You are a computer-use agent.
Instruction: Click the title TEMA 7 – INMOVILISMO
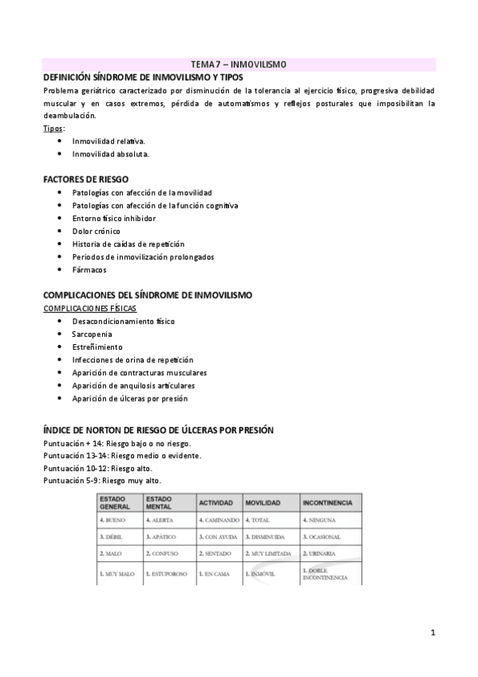point(239,63)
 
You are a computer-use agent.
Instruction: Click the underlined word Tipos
point(54,128)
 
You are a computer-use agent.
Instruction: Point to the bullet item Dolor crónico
point(96,231)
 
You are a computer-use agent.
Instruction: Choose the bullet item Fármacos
point(89,270)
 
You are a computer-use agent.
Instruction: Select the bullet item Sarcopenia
point(92,334)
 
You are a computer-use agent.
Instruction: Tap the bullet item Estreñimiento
point(97,347)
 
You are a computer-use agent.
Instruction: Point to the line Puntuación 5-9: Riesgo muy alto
point(102,481)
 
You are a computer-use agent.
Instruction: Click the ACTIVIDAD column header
point(215,503)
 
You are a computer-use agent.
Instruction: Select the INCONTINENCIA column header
point(327,503)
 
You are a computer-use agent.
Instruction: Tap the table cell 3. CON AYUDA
point(218,536)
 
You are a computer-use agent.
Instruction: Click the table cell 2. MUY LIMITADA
point(270,553)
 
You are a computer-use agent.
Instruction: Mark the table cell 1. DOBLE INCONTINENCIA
point(326,573)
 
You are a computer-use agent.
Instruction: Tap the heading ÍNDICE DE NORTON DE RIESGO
point(158,430)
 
